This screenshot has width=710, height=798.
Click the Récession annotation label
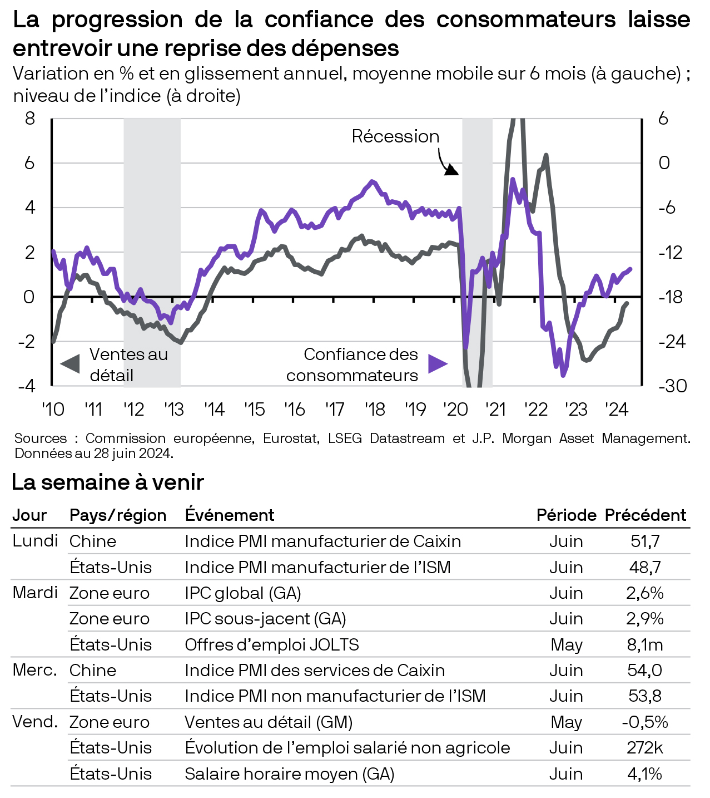(395, 136)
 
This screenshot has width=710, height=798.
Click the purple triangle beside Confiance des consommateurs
(438, 364)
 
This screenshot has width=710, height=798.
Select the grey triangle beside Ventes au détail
(70, 364)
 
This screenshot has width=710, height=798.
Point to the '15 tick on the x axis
(254, 410)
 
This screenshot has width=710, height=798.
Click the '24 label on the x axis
(616, 410)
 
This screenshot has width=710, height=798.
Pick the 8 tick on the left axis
(29, 119)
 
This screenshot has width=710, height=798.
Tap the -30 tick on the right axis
(672, 386)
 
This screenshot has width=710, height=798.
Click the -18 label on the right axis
(672, 297)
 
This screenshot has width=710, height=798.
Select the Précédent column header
(646, 515)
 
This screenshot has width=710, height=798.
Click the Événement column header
(229, 515)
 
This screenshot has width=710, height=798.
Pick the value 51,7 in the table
(645, 541)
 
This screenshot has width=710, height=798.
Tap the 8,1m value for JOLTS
(645, 644)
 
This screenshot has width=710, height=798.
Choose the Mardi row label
(35, 593)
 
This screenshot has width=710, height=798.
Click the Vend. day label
(35, 722)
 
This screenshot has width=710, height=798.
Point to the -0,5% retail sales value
(645, 722)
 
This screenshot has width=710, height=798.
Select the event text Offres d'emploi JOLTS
(272, 644)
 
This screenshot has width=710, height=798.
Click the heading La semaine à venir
(108, 482)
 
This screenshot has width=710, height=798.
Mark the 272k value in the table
(645, 747)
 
